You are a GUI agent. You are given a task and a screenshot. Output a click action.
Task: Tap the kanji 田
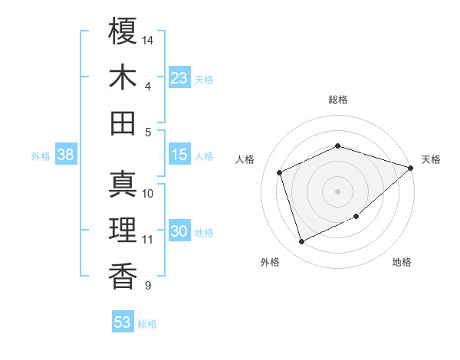coord(123,123)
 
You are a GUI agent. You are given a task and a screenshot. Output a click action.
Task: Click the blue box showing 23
coord(179,78)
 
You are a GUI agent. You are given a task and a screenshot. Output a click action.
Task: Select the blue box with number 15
coord(179,155)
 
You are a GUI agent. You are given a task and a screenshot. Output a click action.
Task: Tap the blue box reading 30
coord(179,232)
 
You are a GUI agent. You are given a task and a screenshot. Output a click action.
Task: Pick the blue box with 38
coord(66,155)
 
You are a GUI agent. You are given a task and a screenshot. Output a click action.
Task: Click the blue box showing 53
coord(123,322)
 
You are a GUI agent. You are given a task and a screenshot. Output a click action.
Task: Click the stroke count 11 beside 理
coord(147,240)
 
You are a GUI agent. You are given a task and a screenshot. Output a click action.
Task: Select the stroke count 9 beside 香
coord(147,286)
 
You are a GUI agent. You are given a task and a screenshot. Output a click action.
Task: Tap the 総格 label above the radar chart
coord(338,100)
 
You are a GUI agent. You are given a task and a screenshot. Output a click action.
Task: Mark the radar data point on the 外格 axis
coord(302,242)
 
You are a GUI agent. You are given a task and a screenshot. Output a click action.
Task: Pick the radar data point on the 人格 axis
coord(280,172)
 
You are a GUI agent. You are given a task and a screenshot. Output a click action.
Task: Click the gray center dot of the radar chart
coord(338,191)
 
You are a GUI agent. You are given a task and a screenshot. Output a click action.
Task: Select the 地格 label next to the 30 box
coord(205,233)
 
